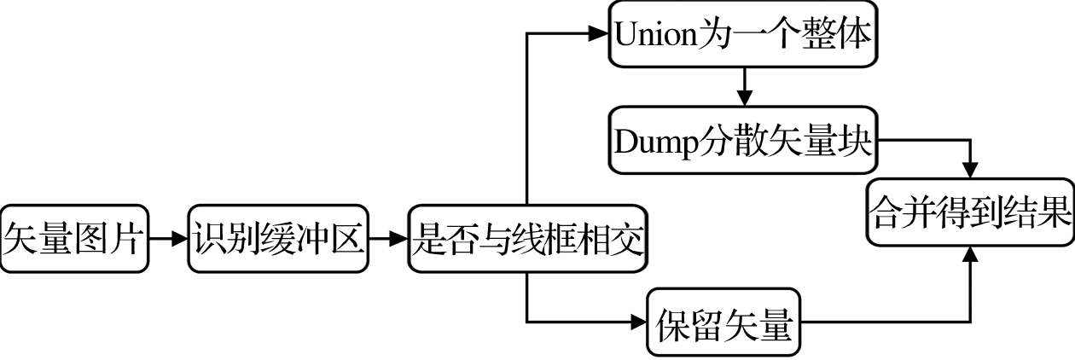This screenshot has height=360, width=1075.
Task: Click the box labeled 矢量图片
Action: [74, 239]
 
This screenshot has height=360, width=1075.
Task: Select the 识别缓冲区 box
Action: [278, 239]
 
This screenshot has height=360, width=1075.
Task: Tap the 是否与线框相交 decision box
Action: [526, 239]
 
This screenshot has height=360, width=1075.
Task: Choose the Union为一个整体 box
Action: [743, 35]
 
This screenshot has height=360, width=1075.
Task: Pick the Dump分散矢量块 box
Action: [743, 142]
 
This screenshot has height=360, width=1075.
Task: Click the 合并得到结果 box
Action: [970, 213]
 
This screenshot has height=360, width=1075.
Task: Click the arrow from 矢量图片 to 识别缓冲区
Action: [168, 239]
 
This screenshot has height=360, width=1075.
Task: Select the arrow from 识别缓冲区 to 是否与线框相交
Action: [388, 239]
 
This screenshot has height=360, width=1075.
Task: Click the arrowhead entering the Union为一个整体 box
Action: [599, 35]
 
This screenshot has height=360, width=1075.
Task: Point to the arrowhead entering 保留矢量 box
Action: [638, 322]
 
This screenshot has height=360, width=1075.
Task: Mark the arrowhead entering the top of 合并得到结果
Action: [970, 171]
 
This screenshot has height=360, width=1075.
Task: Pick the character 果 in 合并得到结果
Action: [1055, 213]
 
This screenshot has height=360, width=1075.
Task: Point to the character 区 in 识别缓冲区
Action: [349, 239]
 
